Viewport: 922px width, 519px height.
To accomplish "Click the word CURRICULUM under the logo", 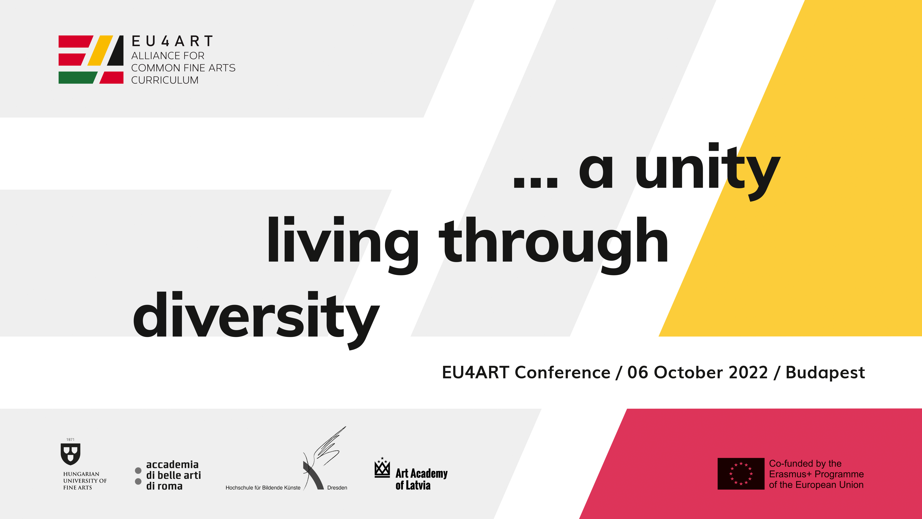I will (165, 80).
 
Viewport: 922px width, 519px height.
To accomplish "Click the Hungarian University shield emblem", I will (71, 454).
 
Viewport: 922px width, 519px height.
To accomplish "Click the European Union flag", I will (741, 473).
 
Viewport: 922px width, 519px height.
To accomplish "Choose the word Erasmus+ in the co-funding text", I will (790, 474).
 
